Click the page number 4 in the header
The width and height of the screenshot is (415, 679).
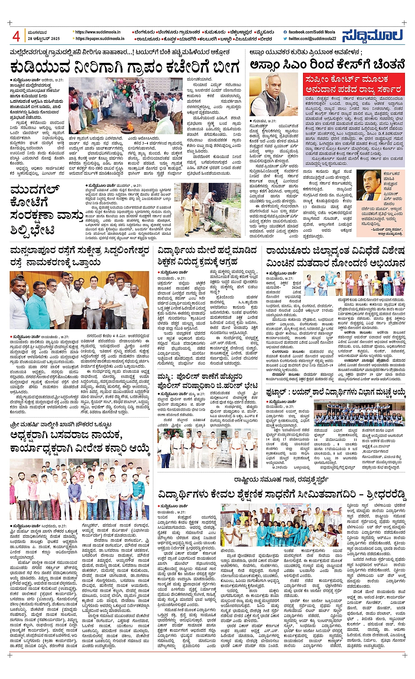pos(16,36)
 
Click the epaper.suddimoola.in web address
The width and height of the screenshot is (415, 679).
pos(100,39)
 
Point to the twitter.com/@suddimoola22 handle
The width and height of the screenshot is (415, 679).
pos(312,39)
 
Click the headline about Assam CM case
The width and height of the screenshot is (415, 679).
pos(327,65)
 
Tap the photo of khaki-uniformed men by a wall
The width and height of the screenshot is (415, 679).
pos(207,210)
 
